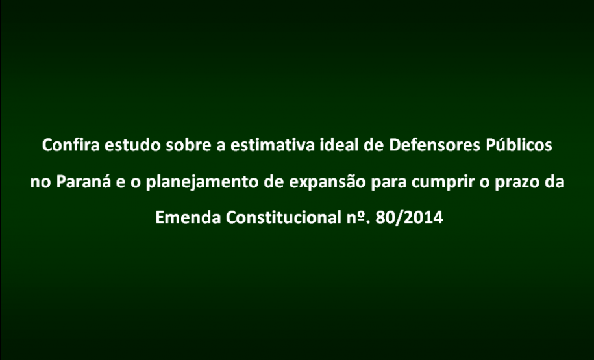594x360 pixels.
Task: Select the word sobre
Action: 188,145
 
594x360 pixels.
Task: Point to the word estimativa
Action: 277,145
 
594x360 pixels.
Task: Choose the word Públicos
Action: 519,145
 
